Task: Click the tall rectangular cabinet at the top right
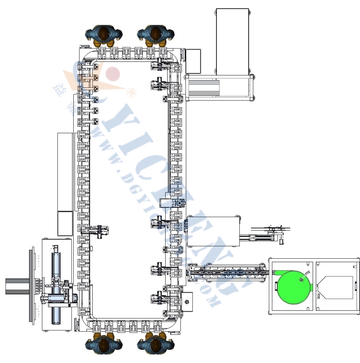coord(232,40)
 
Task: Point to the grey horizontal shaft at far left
coord(17,285)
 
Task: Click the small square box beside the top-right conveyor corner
coord(194,61)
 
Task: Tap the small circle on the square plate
coord(187,302)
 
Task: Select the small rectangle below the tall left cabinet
coord(65,223)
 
